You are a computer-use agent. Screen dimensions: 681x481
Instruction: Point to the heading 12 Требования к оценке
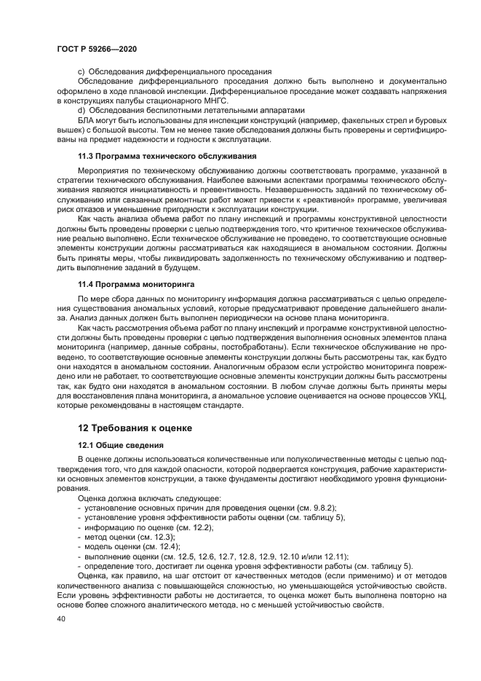pos(135,428)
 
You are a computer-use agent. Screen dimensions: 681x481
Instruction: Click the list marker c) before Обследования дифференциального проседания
pos(82,71)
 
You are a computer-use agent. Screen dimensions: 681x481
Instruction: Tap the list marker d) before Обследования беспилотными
pos(82,109)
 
